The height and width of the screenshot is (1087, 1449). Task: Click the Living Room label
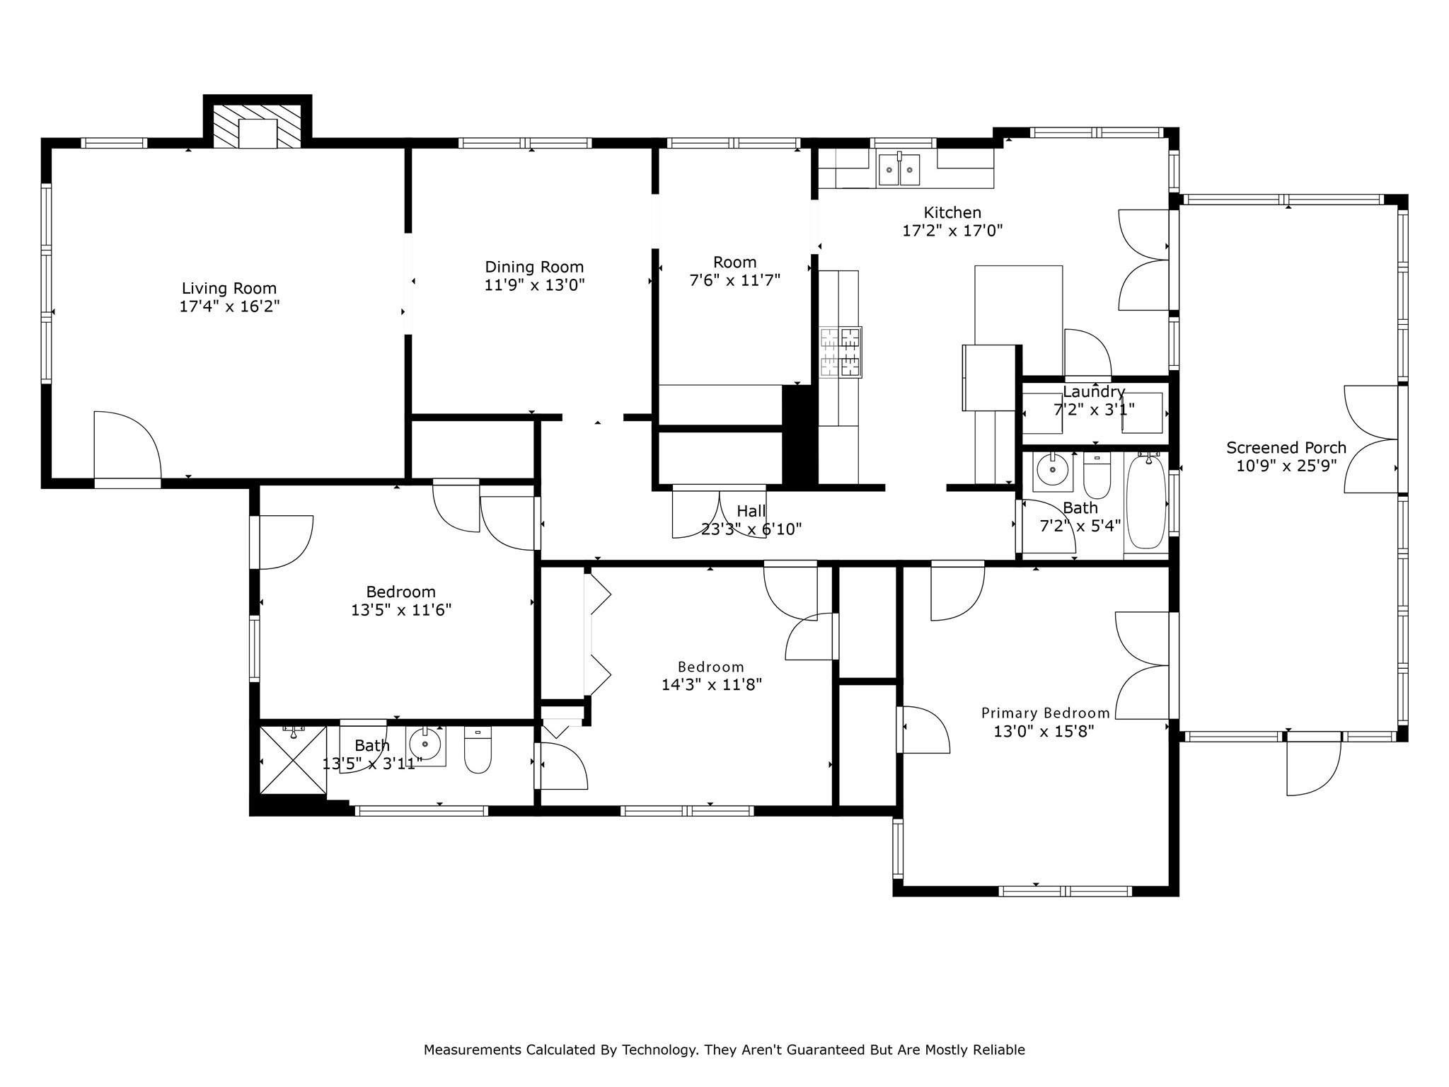[229, 289]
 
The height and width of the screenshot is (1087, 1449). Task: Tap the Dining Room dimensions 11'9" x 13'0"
[534, 285]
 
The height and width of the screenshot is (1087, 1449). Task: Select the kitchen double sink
[899, 169]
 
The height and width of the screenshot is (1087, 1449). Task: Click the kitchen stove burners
[841, 352]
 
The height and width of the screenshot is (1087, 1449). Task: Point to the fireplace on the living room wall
[258, 126]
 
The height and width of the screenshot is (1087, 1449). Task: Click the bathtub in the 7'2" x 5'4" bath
[1145, 502]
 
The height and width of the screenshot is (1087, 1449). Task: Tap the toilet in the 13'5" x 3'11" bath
[478, 750]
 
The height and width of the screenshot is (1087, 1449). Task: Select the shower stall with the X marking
[294, 760]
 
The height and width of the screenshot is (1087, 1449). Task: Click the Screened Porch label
[1286, 448]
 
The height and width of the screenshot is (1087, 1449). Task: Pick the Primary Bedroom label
[1045, 713]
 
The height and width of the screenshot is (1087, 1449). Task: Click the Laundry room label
[1094, 391]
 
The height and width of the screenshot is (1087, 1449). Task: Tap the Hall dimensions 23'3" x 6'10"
[751, 529]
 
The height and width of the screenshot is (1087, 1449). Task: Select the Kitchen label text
[952, 212]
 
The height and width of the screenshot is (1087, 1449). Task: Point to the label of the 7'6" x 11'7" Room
[734, 263]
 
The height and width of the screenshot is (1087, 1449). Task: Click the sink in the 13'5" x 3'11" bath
[426, 744]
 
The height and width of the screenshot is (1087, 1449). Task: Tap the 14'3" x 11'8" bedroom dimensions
[711, 685]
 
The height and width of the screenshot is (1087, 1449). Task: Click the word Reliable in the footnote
[999, 1050]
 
